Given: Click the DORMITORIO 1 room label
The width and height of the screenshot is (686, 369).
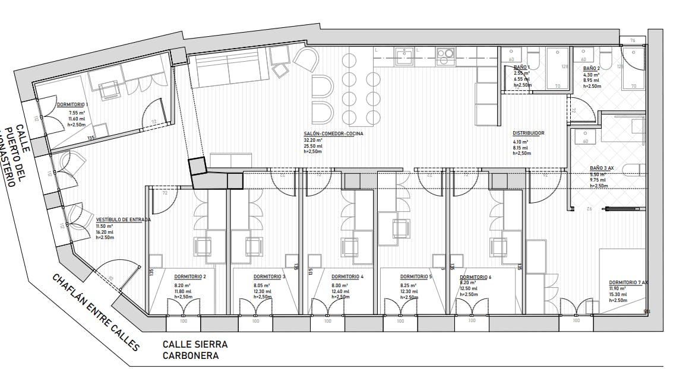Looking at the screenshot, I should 72,104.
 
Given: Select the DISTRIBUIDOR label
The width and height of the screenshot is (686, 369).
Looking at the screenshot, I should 529,133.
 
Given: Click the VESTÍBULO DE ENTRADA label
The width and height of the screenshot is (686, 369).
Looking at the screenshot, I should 123,220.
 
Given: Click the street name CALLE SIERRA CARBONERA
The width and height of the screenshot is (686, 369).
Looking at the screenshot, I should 195,350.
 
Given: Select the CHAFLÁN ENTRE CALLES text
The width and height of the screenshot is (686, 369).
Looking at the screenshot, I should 95,312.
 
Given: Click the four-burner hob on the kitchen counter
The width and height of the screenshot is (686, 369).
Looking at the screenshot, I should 445,55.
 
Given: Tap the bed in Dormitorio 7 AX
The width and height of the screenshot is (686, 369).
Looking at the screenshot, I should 621,279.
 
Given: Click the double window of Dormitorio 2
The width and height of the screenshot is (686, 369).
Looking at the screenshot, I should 183,309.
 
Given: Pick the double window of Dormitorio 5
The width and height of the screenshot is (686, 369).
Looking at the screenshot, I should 401,309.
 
